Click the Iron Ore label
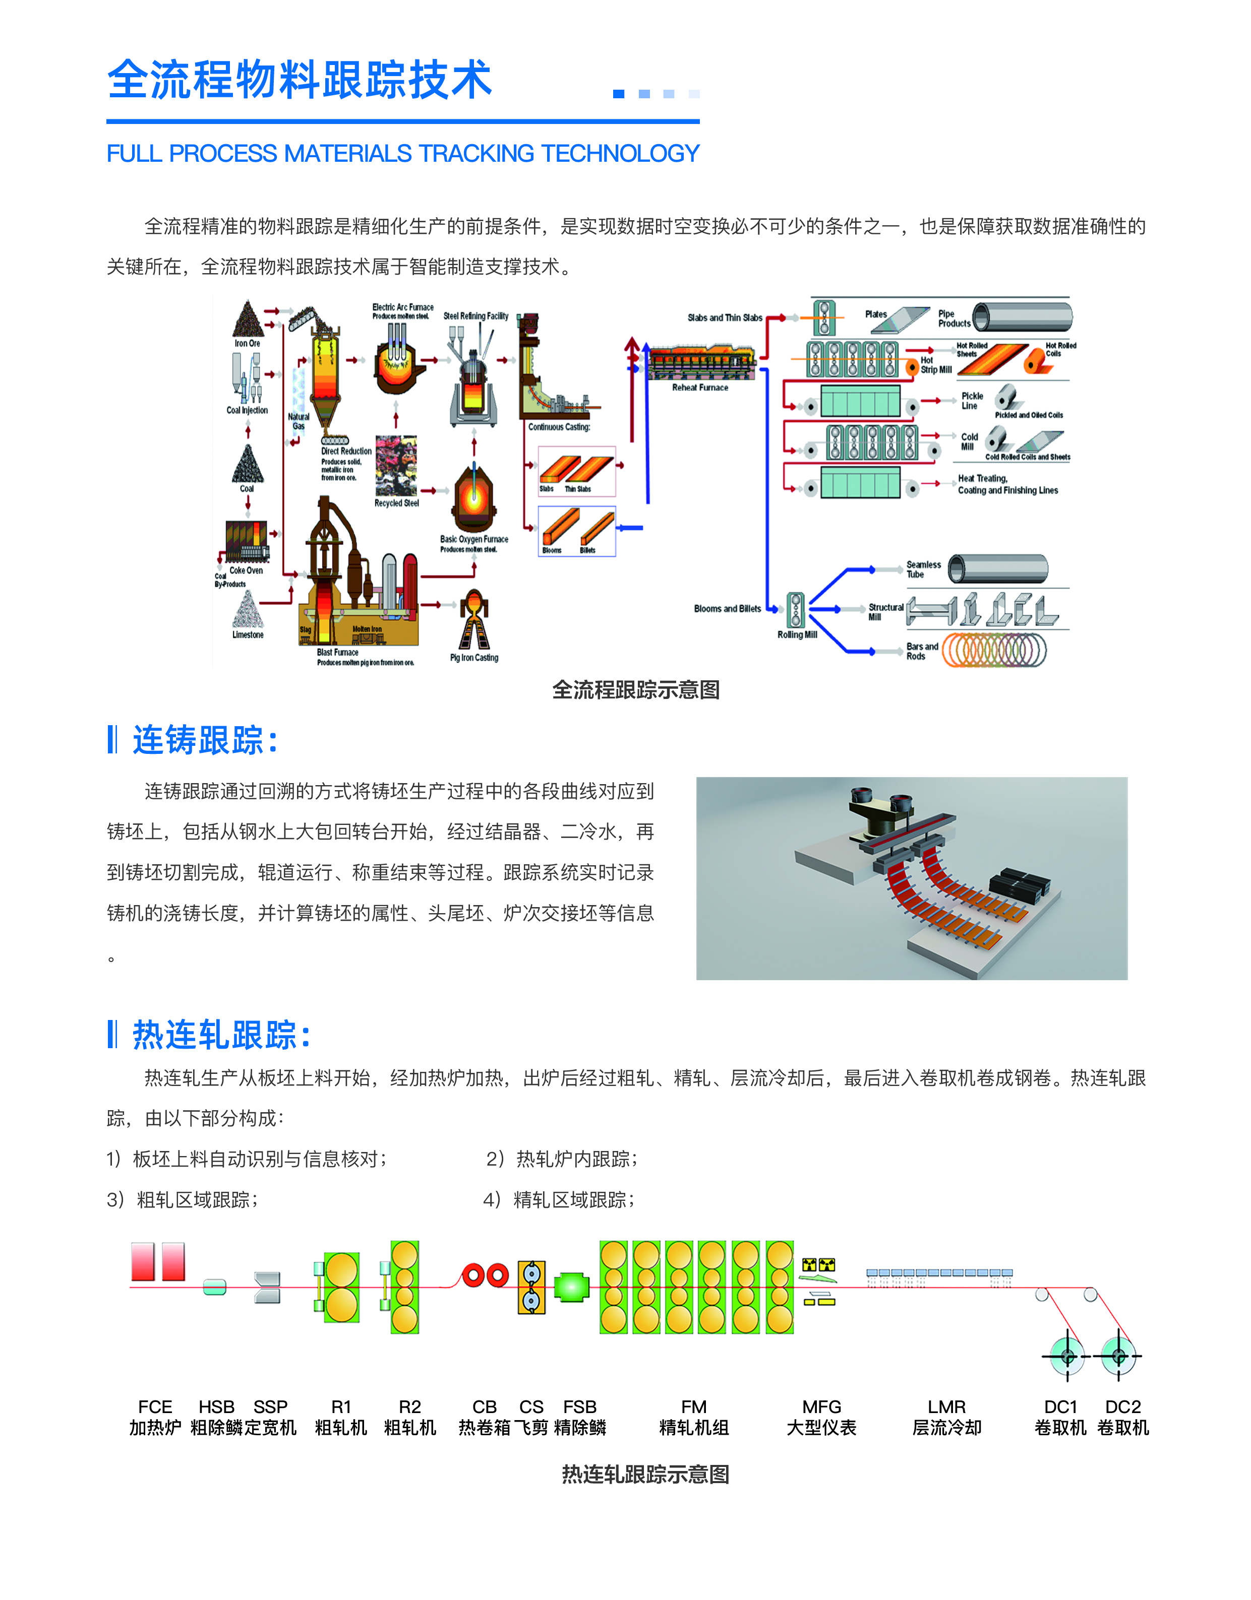point(247,344)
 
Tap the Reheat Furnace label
point(700,388)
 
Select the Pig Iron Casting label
point(474,658)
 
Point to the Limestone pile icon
point(248,610)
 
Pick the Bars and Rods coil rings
point(994,650)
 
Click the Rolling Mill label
point(797,634)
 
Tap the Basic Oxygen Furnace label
point(473,539)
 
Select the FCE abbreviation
point(155,1406)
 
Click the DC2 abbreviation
point(1123,1406)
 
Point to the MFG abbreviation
point(821,1406)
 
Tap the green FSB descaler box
point(572,1287)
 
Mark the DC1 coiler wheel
point(1067,1356)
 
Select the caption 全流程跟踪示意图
point(635,689)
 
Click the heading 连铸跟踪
point(198,740)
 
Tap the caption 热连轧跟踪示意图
point(645,1474)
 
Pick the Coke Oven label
point(246,570)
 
